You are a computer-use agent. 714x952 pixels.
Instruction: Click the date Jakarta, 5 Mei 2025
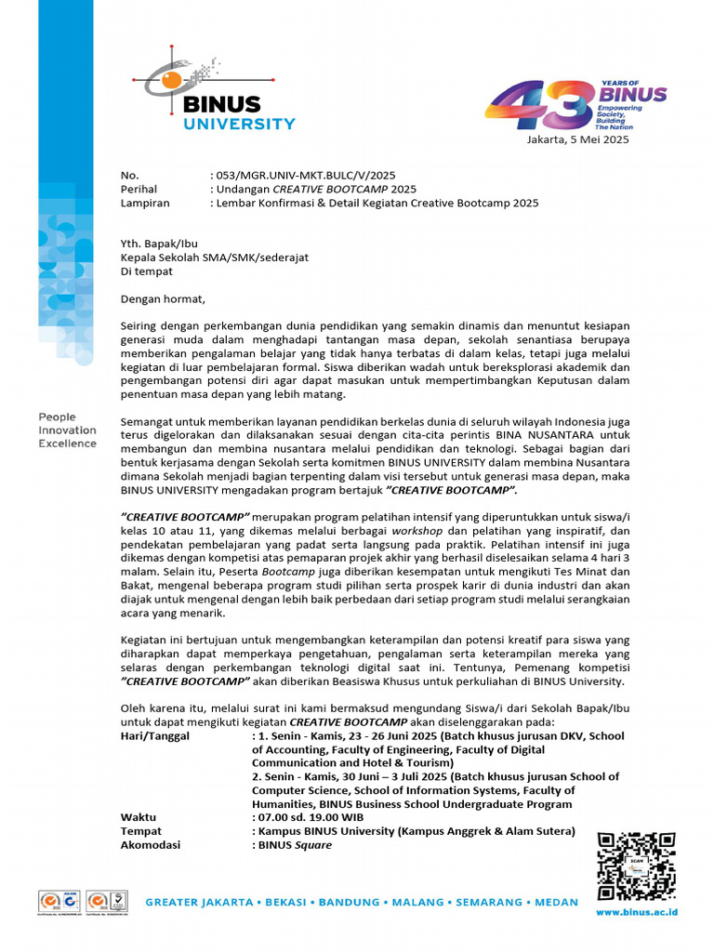pyautogui.click(x=578, y=140)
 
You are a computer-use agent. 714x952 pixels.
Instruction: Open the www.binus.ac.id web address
pyautogui.click(x=636, y=912)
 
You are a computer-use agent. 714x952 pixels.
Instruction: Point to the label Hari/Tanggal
pyautogui.click(x=155, y=735)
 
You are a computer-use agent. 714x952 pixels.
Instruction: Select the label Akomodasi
pyautogui.click(x=151, y=845)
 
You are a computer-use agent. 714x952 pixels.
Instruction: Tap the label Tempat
pyautogui.click(x=141, y=831)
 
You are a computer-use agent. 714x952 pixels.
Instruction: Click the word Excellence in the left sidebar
pyautogui.click(x=67, y=443)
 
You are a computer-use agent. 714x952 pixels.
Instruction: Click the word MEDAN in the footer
pyautogui.click(x=555, y=902)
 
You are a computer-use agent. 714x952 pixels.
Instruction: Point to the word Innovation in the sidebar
pyautogui.click(x=67, y=430)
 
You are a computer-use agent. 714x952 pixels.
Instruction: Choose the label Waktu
pyautogui.click(x=139, y=817)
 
